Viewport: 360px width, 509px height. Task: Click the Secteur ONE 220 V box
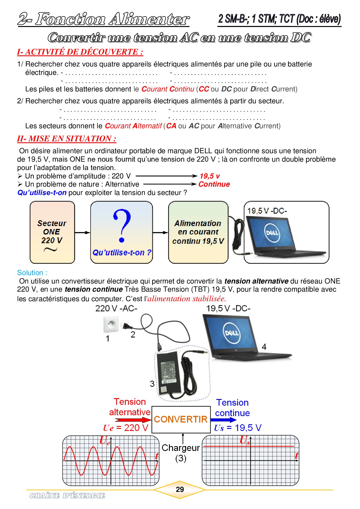52,232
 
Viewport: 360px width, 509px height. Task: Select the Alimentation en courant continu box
198,232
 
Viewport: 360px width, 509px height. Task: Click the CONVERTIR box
181,419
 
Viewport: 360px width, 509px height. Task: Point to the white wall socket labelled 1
111,324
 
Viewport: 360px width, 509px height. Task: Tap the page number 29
180,489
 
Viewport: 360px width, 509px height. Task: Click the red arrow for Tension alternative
134,420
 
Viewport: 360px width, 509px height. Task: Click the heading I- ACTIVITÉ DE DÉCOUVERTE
80,52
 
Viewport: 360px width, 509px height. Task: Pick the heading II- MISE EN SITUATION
67,139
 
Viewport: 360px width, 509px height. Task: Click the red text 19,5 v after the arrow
210,176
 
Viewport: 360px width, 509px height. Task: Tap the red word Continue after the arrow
214,184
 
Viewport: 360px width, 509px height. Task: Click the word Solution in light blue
30,273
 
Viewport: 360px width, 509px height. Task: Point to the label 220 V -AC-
116,308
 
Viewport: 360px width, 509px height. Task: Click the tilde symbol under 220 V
51,249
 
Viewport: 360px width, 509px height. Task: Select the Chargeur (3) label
181,453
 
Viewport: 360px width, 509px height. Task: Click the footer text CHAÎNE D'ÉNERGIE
67,496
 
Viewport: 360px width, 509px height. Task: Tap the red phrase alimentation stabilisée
187,299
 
